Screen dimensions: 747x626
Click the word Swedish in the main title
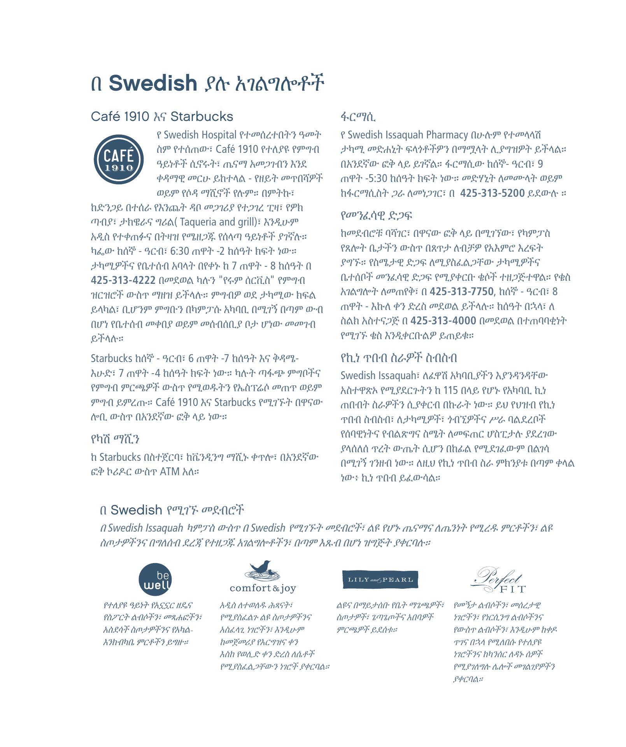[x=153, y=83]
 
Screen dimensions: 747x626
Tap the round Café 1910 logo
[x=119, y=159]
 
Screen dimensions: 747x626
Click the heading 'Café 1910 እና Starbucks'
[x=162, y=117]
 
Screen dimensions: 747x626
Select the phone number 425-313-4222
[x=123, y=280]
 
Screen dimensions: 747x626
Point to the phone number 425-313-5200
[x=492, y=193]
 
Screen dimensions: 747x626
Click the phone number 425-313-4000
[x=443, y=321]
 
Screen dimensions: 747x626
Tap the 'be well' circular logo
[x=155, y=580]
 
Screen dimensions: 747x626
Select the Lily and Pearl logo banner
[x=380, y=580]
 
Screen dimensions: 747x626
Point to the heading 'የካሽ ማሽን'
[x=115, y=439]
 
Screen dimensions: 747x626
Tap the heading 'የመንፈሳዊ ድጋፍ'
[x=376, y=215]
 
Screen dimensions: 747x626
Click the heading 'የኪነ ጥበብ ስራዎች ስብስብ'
[x=399, y=358]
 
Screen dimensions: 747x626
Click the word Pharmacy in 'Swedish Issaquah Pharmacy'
[x=447, y=135]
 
